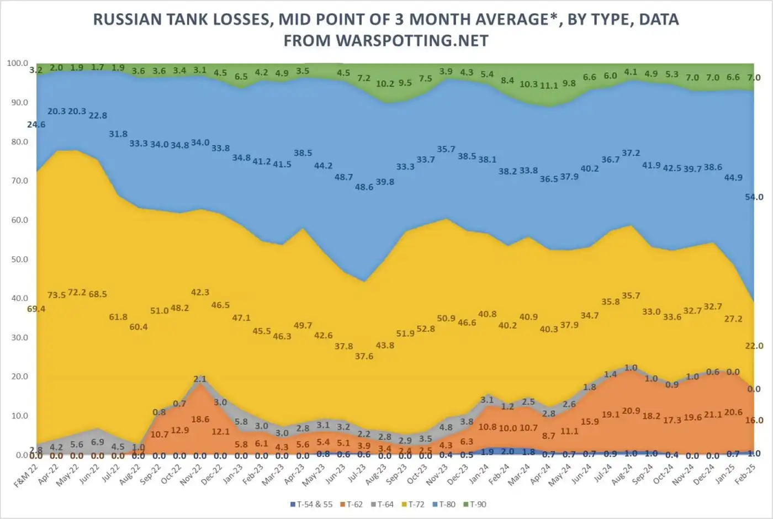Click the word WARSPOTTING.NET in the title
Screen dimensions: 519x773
pyautogui.click(x=411, y=41)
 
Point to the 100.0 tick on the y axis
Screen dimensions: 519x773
pyautogui.click(x=17, y=63)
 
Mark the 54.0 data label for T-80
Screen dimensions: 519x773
pyautogui.click(x=754, y=197)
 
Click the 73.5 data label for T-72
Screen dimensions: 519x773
pyautogui.click(x=56, y=295)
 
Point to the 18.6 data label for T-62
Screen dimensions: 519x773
pyautogui.click(x=200, y=420)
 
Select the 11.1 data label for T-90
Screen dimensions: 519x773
pyautogui.click(x=549, y=86)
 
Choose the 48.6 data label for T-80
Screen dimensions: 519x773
pyautogui.click(x=364, y=187)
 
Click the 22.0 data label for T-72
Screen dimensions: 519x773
pyautogui.click(x=754, y=346)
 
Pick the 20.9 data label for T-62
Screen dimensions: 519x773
pyautogui.click(x=631, y=411)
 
